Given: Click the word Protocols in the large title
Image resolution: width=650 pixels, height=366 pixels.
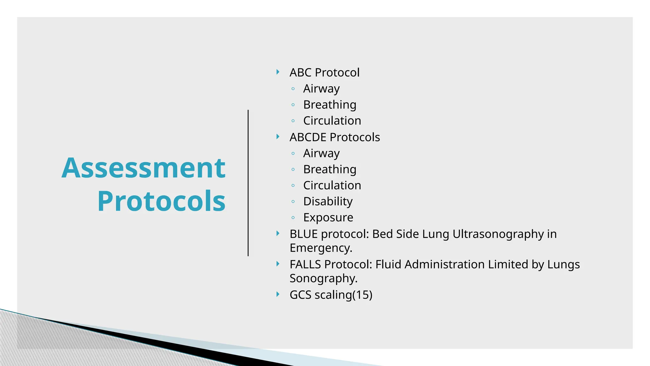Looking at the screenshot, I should [161, 201].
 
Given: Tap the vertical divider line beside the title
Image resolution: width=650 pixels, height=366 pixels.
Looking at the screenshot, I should [248, 183].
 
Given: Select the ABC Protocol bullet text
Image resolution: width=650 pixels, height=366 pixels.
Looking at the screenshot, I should [324, 72].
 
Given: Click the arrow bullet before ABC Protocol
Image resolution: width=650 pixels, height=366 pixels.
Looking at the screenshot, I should [278, 72].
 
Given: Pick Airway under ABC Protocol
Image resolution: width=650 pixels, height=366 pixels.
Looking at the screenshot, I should [321, 89].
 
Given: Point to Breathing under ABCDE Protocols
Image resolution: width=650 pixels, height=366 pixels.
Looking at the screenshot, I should [329, 169].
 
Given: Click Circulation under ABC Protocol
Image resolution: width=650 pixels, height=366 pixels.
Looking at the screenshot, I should [332, 121].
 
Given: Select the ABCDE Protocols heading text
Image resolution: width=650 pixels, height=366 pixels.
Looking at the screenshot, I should [335, 137].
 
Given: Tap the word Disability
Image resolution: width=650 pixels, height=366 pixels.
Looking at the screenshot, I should [328, 201].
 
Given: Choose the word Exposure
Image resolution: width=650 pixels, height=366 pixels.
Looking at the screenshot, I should [328, 218].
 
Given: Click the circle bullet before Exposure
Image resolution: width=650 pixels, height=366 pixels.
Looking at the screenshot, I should [293, 218].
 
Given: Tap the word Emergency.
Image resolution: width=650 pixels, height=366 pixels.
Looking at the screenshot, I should [321, 248].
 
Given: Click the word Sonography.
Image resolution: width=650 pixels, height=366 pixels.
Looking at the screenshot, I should [323, 278].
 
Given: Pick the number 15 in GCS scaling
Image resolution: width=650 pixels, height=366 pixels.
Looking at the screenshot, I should [362, 295].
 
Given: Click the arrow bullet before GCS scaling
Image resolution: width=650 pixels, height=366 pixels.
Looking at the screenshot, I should [278, 294].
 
